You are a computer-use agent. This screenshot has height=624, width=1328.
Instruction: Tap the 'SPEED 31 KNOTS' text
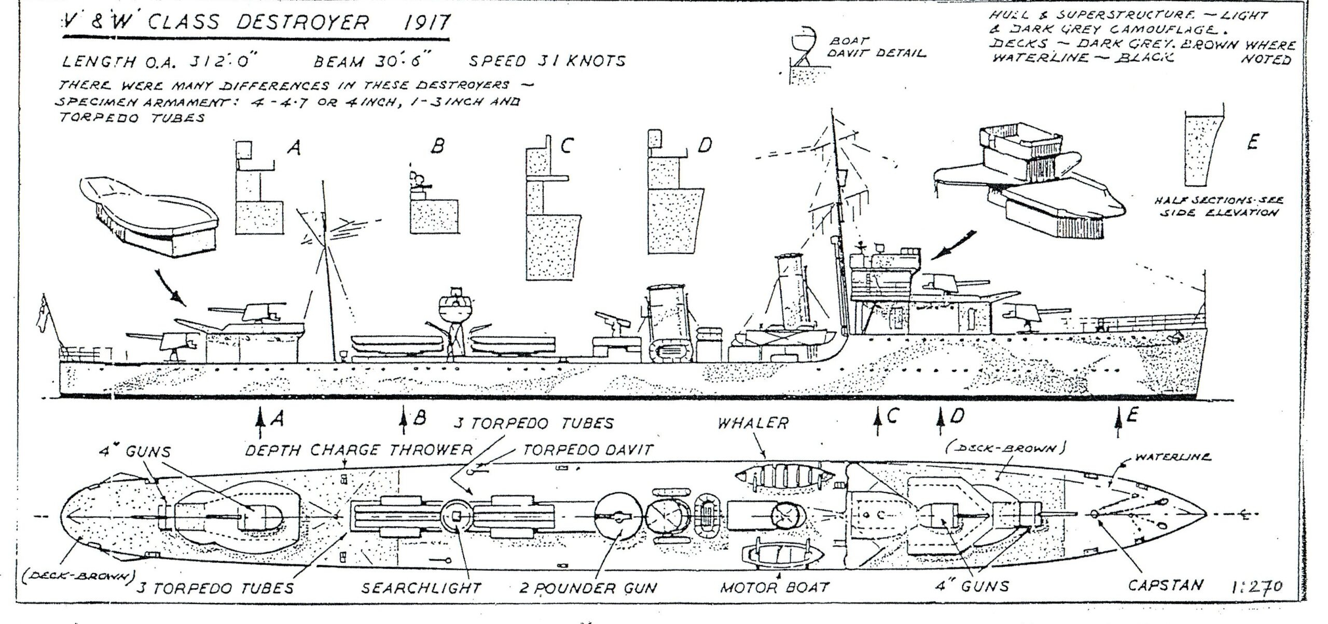[547, 61]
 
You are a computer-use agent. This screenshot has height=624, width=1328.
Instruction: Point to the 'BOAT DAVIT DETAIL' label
[877, 47]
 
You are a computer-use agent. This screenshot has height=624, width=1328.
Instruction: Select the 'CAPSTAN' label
[1165, 586]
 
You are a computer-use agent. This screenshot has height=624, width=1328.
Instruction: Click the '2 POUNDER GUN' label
[588, 588]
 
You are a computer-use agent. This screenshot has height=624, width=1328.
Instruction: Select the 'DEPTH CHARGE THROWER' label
[358, 450]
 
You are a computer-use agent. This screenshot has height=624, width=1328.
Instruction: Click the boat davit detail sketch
[801, 54]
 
